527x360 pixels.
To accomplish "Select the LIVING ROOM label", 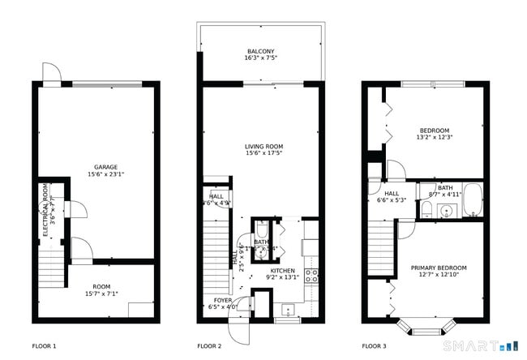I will pos(263,147).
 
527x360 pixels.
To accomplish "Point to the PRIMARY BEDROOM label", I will pos(439,268).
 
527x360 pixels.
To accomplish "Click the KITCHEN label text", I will pos(282,270).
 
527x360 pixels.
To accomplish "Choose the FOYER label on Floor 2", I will pos(222,300).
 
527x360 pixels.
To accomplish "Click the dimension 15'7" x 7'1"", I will pos(101,294).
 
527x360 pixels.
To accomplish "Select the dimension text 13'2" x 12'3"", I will pos(434,137).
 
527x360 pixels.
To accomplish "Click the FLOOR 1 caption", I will pos(44,345).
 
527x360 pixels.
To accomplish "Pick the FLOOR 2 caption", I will pos(209,345).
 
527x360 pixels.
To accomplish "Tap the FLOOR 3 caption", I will pos(374,345).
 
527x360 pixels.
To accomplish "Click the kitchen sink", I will pos(287,311).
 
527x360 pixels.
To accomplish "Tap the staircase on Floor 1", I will pos(50,267).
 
